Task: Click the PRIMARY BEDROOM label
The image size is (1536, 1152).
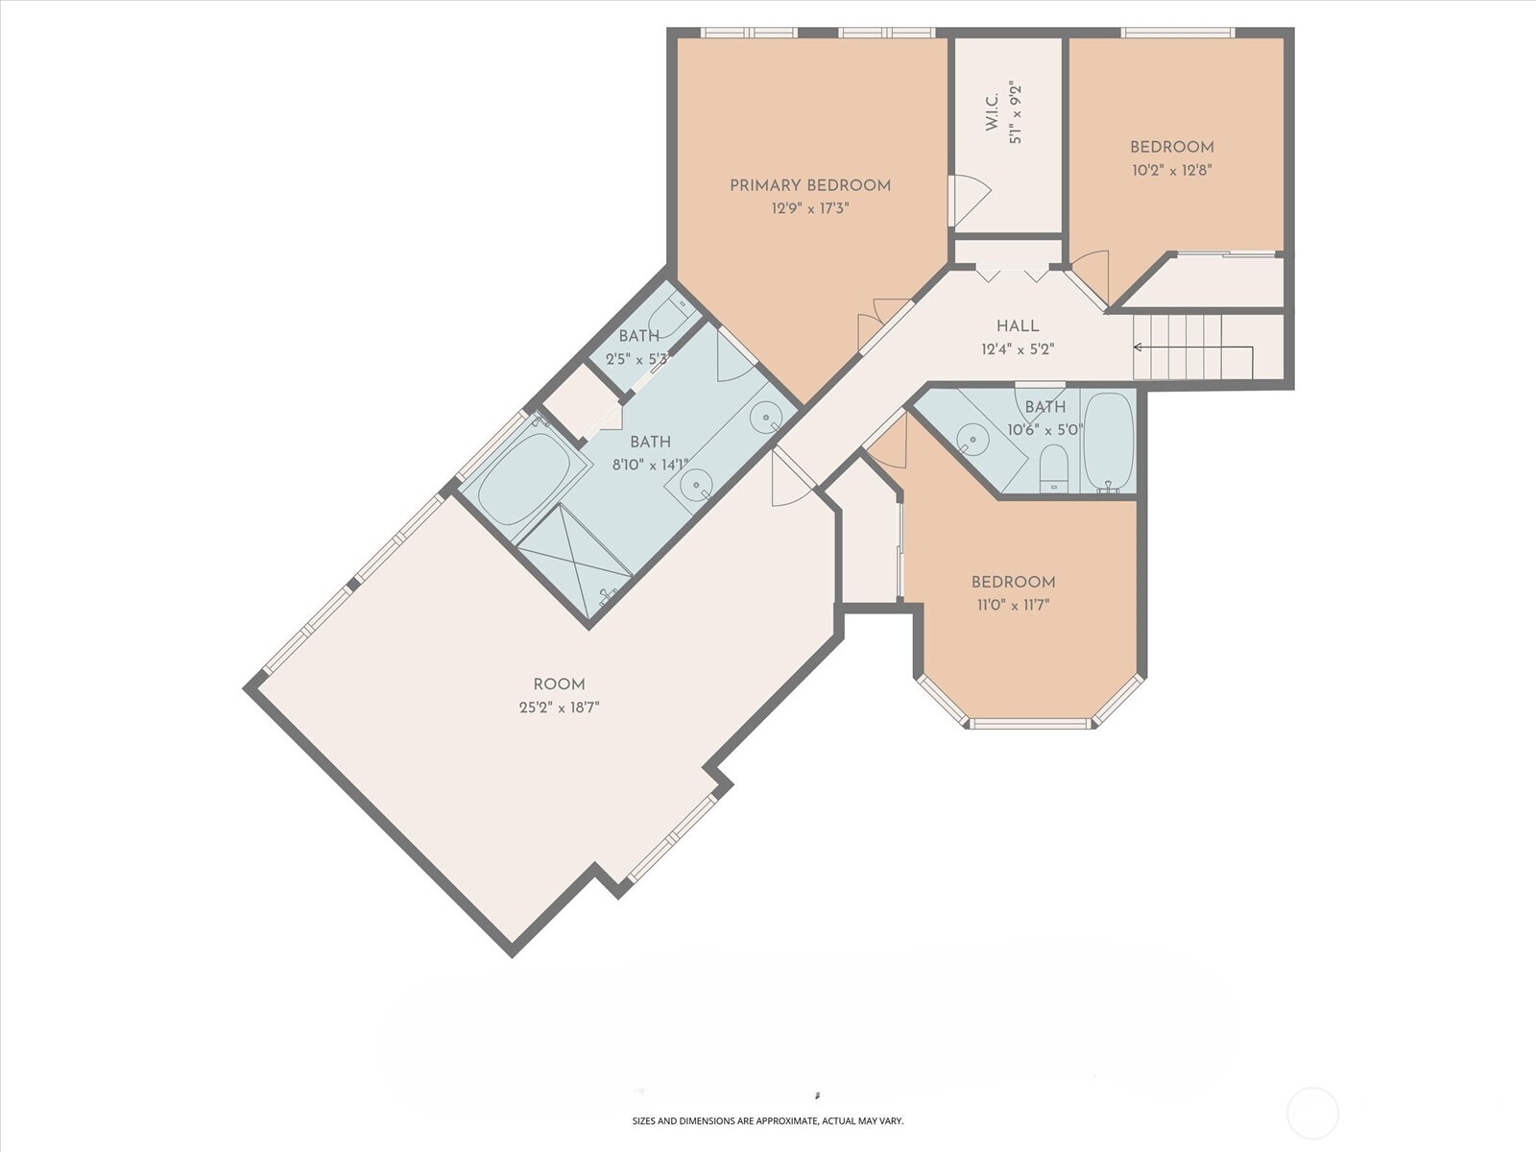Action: tap(810, 185)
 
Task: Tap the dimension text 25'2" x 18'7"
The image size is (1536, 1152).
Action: tap(559, 708)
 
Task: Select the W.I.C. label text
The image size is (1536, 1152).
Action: tap(993, 112)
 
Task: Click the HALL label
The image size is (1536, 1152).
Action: tap(1017, 326)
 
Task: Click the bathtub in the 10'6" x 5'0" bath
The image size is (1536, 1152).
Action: tap(1109, 441)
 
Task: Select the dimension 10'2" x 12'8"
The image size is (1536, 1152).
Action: tap(1171, 170)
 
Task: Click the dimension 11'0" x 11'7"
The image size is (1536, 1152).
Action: tap(1013, 606)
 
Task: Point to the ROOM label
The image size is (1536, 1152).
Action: tap(559, 684)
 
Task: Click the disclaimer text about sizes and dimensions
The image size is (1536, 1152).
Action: tap(767, 1120)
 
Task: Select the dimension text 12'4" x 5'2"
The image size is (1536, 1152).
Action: tap(1017, 349)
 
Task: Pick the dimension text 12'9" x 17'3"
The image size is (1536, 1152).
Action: tap(810, 208)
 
